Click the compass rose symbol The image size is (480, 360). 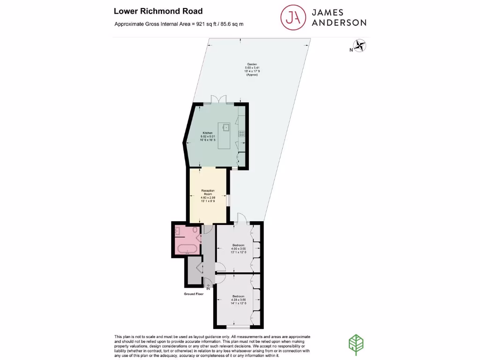(x=360, y=45)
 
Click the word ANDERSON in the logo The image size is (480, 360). (x=339, y=22)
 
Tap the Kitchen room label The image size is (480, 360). (x=208, y=133)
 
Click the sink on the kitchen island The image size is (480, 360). (x=226, y=127)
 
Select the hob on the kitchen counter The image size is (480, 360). (x=242, y=133)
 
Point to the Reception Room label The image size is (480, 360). (x=208, y=192)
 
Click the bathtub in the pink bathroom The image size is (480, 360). (x=187, y=248)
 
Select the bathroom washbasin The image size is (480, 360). (x=178, y=231)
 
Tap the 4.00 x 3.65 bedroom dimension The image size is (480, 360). (x=239, y=248)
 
